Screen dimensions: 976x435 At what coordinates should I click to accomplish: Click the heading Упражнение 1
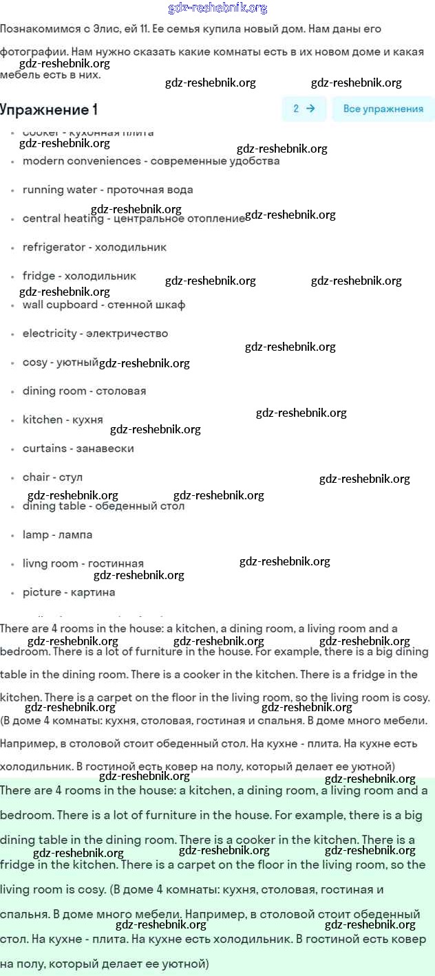click(x=49, y=109)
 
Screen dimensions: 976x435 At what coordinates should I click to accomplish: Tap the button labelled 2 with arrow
click(x=304, y=109)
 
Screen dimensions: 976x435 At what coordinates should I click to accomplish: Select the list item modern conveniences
click(x=151, y=161)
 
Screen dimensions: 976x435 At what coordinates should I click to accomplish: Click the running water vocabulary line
click(x=107, y=190)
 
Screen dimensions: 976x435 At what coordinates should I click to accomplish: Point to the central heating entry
click(x=134, y=219)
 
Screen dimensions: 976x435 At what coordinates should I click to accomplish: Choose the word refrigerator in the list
click(x=94, y=247)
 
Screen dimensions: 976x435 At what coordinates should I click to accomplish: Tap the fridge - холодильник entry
click(x=79, y=276)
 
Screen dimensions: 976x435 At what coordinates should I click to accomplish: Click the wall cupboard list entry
click(x=103, y=305)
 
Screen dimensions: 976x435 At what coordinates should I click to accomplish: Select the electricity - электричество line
click(x=95, y=334)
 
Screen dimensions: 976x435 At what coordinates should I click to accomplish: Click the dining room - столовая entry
click(x=84, y=391)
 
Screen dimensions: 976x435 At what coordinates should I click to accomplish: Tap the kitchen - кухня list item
click(x=63, y=420)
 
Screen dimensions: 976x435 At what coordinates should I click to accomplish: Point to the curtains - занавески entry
click(x=78, y=448)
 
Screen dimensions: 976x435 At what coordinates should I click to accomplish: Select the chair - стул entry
click(x=52, y=477)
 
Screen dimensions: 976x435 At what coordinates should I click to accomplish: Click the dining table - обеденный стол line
click(x=103, y=506)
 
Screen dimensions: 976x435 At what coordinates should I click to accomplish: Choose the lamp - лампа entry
click(x=57, y=535)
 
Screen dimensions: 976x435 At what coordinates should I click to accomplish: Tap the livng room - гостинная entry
click(x=83, y=564)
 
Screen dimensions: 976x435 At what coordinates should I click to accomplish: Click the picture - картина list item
click(x=69, y=592)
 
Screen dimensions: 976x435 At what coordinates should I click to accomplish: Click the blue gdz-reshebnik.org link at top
click(x=217, y=8)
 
